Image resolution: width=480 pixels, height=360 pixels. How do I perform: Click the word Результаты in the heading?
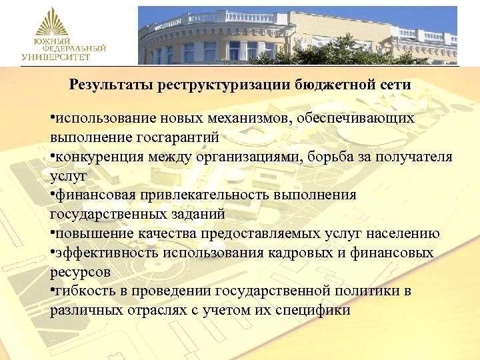click(110, 85)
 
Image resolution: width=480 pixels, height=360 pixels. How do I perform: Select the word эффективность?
click(101, 253)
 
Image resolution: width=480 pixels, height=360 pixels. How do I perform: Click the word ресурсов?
click(78, 272)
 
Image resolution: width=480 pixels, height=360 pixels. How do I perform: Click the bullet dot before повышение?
click(52, 233)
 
